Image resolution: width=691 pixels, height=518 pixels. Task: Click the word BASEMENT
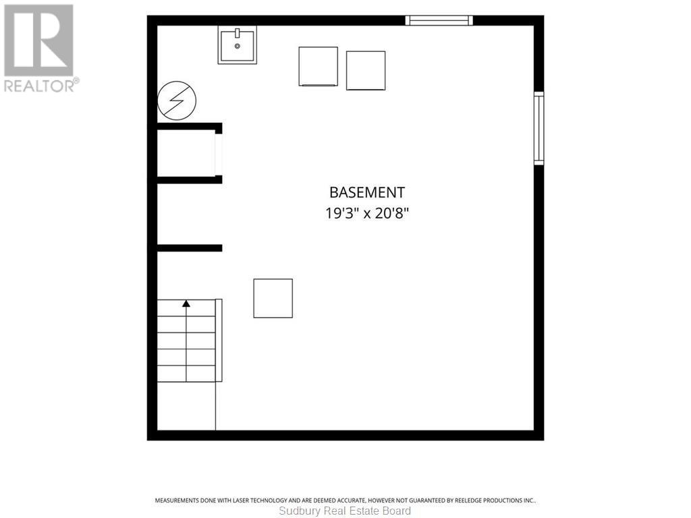(x=367, y=192)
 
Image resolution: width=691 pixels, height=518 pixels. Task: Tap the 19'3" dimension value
(x=340, y=214)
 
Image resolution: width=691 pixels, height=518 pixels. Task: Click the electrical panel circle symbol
(x=177, y=100)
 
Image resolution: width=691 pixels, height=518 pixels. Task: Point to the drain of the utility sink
(x=237, y=47)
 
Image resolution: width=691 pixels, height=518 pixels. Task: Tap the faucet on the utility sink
(x=237, y=33)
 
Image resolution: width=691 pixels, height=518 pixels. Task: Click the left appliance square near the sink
(x=319, y=67)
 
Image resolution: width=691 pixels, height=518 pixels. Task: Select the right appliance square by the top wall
(x=366, y=70)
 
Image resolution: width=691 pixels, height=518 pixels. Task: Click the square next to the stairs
(x=273, y=298)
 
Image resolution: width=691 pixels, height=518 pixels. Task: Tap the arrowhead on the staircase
(x=186, y=304)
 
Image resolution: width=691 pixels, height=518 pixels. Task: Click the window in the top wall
(x=439, y=20)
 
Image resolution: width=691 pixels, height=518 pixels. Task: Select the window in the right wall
(x=539, y=128)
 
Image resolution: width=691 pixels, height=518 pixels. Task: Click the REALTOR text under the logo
(x=40, y=86)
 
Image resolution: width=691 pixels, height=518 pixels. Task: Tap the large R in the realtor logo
(x=38, y=40)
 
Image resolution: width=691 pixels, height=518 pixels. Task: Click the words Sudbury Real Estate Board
(x=345, y=511)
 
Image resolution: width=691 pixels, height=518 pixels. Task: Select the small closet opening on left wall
(x=219, y=154)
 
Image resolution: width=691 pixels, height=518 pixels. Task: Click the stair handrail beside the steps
(x=219, y=341)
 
